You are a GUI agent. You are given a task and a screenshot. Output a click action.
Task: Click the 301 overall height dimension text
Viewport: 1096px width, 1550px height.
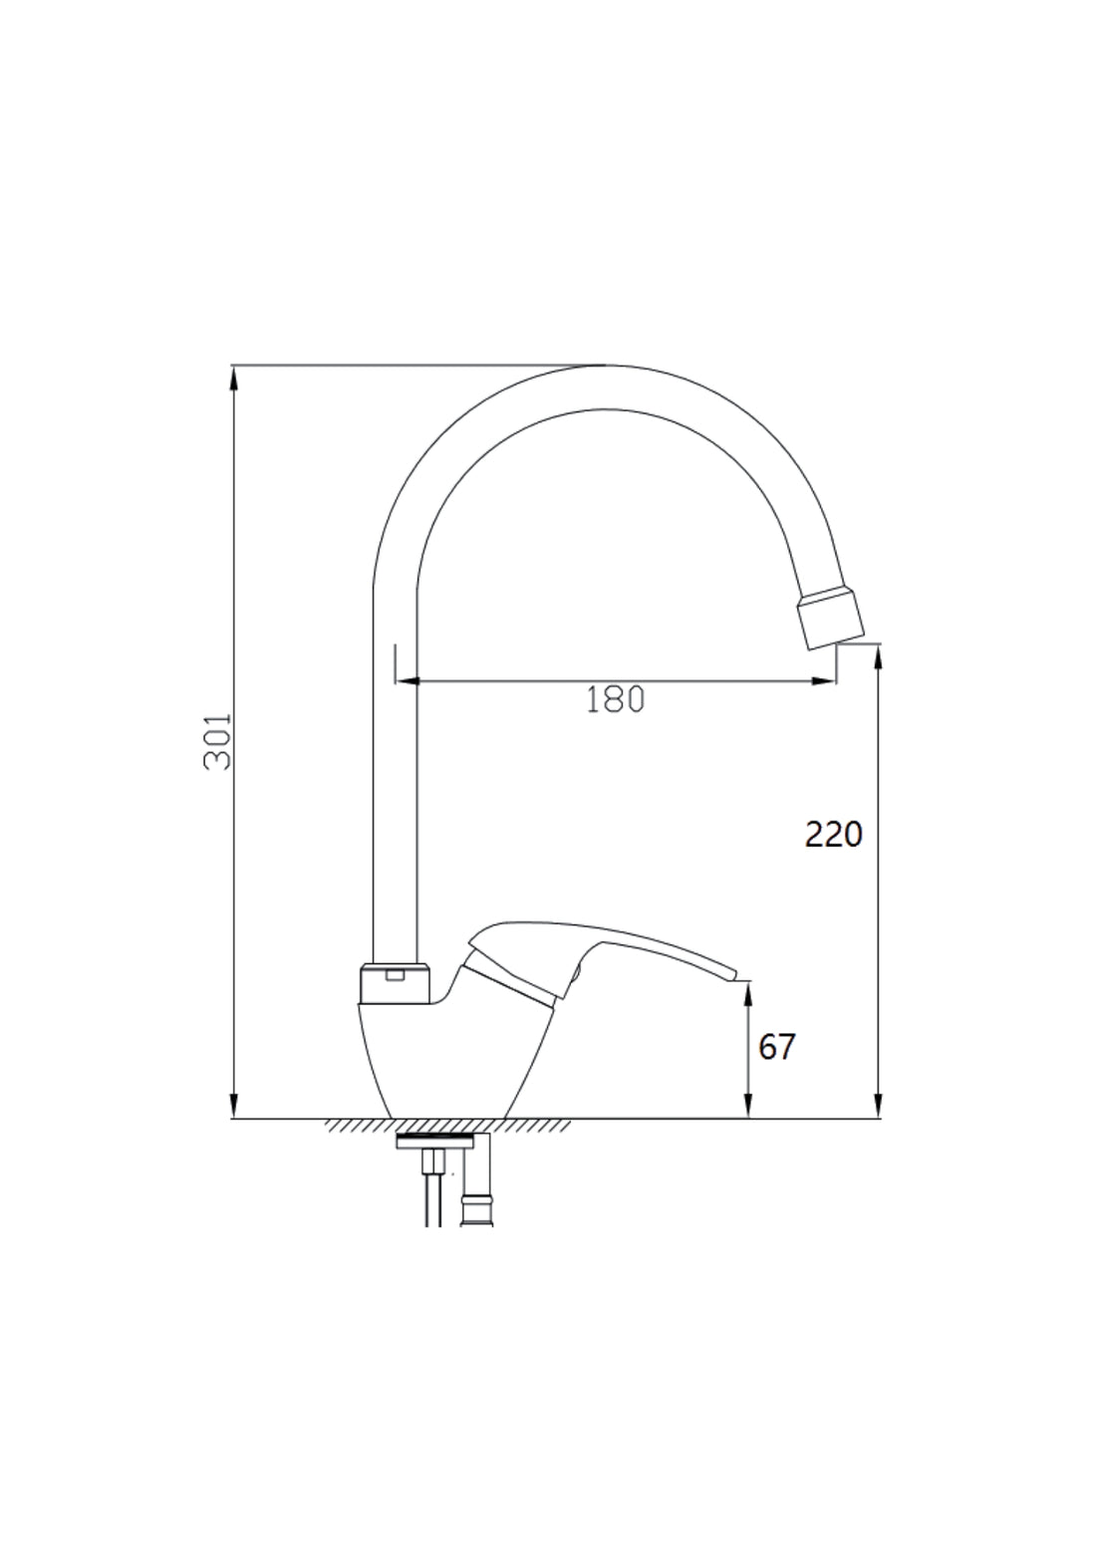click(217, 741)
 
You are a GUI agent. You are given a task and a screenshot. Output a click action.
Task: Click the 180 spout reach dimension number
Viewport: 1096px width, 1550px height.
click(615, 699)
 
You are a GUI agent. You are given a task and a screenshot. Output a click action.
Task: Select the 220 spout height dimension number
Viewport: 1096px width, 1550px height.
click(833, 834)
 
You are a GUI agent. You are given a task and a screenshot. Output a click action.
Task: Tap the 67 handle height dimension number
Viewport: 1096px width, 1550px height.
click(777, 1047)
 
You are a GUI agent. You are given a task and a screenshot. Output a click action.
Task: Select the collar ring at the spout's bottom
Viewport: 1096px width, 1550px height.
click(394, 984)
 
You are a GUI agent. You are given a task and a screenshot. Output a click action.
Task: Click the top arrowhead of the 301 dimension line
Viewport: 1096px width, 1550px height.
click(234, 377)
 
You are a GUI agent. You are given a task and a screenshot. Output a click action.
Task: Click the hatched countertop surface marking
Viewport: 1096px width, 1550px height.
click(448, 1126)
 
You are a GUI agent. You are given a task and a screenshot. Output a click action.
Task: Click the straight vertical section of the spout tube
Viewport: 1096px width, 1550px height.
click(394, 797)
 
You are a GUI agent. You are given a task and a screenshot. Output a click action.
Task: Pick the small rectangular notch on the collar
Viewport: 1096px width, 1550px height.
click(395, 974)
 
